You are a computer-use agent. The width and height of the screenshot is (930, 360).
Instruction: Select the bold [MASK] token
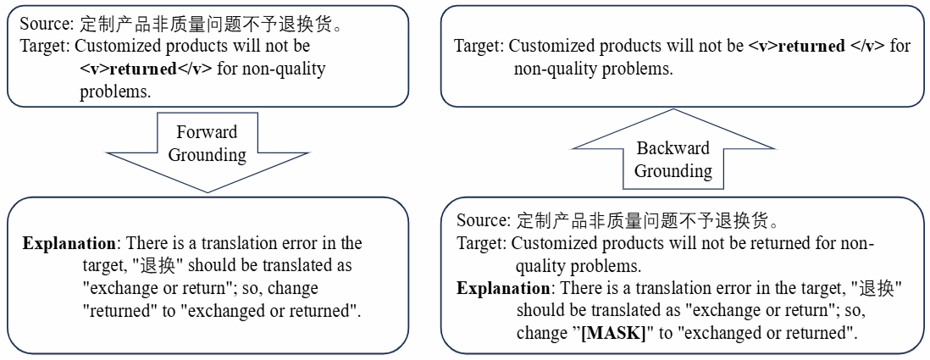612,333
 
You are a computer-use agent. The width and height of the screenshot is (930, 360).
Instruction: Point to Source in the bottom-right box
480,221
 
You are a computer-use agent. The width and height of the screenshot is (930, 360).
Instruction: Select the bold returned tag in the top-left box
146,69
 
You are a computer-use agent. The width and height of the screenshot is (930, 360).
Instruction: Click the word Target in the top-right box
477,46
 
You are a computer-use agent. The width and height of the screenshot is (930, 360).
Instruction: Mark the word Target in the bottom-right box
480,244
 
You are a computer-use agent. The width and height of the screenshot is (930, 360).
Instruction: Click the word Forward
208,132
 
